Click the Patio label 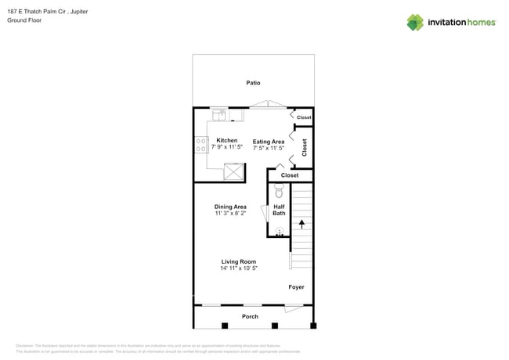point(253,83)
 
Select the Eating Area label point(268,142)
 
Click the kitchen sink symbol point(219,116)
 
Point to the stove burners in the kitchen point(200,145)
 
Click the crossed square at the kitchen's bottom point(233,171)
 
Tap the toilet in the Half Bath point(279,189)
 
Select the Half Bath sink point(279,231)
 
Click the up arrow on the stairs point(301,225)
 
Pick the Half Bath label point(279,210)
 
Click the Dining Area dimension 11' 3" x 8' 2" point(230,213)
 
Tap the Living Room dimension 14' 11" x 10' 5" point(239,268)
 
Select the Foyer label point(296,287)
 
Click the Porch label point(250,317)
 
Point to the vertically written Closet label point(305,147)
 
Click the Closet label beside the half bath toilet point(290,175)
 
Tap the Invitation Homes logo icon point(415,22)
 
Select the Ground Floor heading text point(23,21)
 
